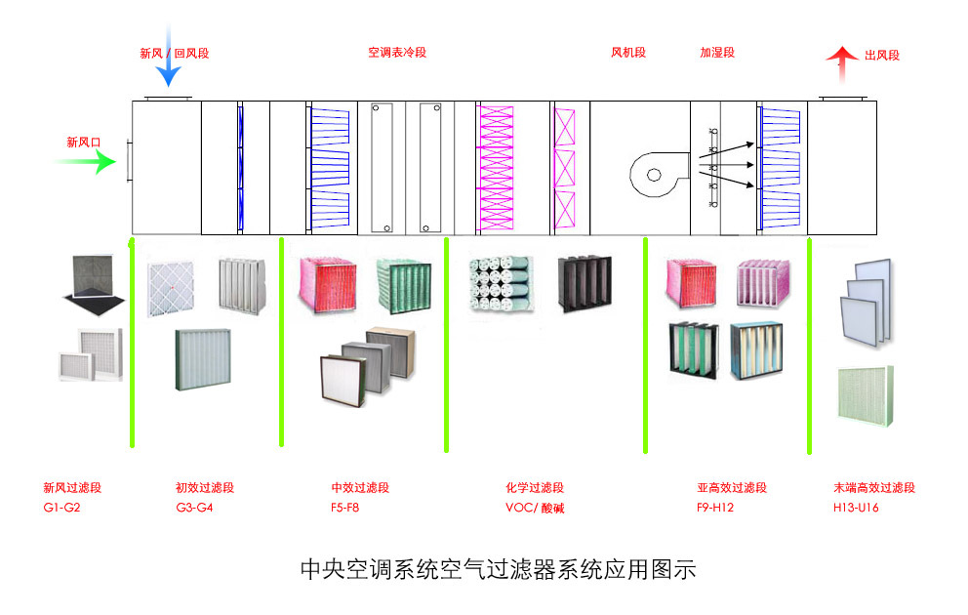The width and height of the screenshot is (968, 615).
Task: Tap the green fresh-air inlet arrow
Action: pyautogui.click(x=86, y=162)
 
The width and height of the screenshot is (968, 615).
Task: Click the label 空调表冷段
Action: pyautogui.click(x=397, y=53)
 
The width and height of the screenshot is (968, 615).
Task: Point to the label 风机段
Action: pyautogui.click(x=628, y=53)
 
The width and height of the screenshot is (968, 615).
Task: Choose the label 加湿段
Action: pyautogui.click(x=717, y=53)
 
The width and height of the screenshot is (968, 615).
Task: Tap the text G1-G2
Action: pyautogui.click(x=61, y=508)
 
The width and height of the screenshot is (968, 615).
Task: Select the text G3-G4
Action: pyautogui.click(x=194, y=508)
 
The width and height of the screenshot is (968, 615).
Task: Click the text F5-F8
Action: pyautogui.click(x=345, y=508)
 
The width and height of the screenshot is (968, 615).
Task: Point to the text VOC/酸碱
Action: pyautogui.click(x=535, y=508)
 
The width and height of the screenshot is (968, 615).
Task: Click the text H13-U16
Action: pyautogui.click(x=857, y=508)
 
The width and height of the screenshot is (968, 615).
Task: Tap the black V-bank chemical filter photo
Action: pyautogui.click(x=585, y=284)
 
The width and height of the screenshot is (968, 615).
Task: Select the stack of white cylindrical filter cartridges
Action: pyautogui.click(x=501, y=284)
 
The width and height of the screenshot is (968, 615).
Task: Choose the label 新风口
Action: pyautogui.click(x=84, y=143)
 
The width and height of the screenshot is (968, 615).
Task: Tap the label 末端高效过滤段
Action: pyautogui.click(x=874, y=488)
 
